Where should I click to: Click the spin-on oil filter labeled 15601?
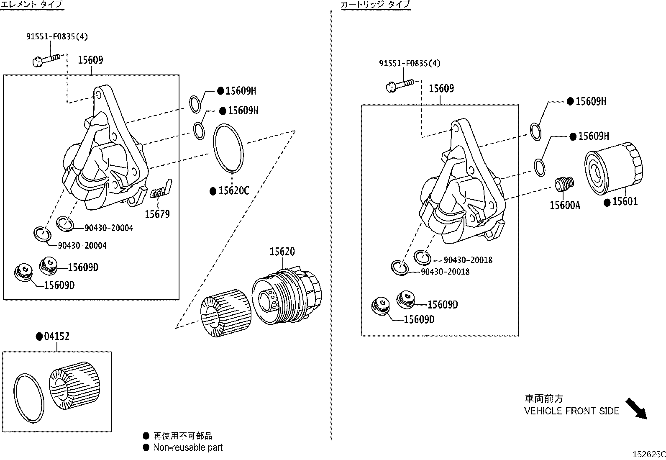tap(612, 169)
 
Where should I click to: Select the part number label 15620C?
tap(233, 191)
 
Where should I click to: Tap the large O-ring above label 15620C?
tap(228, 148)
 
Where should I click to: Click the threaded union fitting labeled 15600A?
tap(564, 184)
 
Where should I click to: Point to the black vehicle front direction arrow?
tap(636, 409)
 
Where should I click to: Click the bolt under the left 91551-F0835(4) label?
tap(48, 59)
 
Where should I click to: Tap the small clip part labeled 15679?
tap(161, 190)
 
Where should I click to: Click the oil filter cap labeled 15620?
tap(288, 295)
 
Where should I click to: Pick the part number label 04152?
tap(56, 336)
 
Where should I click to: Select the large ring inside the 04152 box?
tap(28, 397)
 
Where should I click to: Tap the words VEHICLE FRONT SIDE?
tap(571, 411)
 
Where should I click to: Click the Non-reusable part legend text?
tap(188, 447)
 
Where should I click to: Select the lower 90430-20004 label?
tap(82, 246)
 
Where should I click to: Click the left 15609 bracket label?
tap(90, 60)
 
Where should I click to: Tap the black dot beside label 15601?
tap(607, 202)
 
